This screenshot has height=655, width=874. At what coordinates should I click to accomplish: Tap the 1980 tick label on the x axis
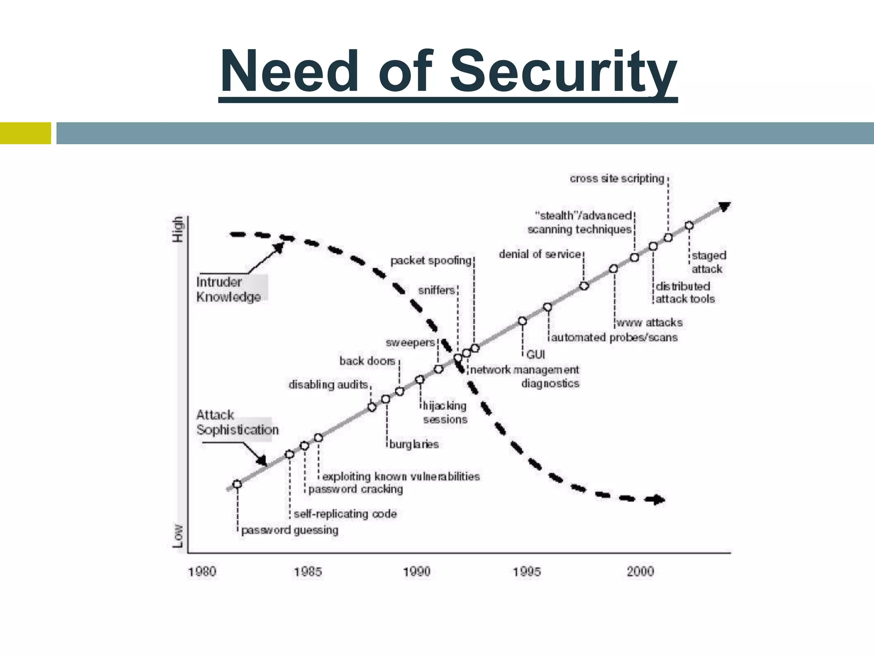coord(202,571)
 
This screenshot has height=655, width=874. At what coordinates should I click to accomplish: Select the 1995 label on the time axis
coord(527,571)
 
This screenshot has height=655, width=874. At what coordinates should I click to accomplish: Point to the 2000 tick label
coord(640,571)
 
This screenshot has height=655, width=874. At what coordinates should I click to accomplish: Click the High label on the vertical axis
coord(178,229)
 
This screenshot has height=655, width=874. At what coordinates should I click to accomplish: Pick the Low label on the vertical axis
coord(178,536)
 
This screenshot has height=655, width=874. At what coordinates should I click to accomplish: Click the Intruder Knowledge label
coord(228,289)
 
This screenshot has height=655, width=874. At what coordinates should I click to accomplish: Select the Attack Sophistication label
coord(237,422)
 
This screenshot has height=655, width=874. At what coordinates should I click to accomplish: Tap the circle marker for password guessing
coord(237,484)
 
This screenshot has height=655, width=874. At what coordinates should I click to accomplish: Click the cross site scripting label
coord(617,178)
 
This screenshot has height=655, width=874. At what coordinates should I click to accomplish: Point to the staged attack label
coord(708,262)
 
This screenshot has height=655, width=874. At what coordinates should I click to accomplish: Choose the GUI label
coord(536,354)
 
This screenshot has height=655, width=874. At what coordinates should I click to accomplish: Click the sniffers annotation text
coord(436,290)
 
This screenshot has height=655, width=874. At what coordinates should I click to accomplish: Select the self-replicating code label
coord(345,514)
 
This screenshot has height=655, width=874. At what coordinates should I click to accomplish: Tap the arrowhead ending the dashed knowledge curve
coord(659,499)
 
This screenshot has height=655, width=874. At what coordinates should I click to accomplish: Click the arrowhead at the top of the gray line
coord(725,207)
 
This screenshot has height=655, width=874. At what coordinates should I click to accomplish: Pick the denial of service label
coord(540,254)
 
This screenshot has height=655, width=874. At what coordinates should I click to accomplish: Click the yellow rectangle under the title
coord(26,133)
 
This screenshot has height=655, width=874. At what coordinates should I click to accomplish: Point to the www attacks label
coord(649,323)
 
